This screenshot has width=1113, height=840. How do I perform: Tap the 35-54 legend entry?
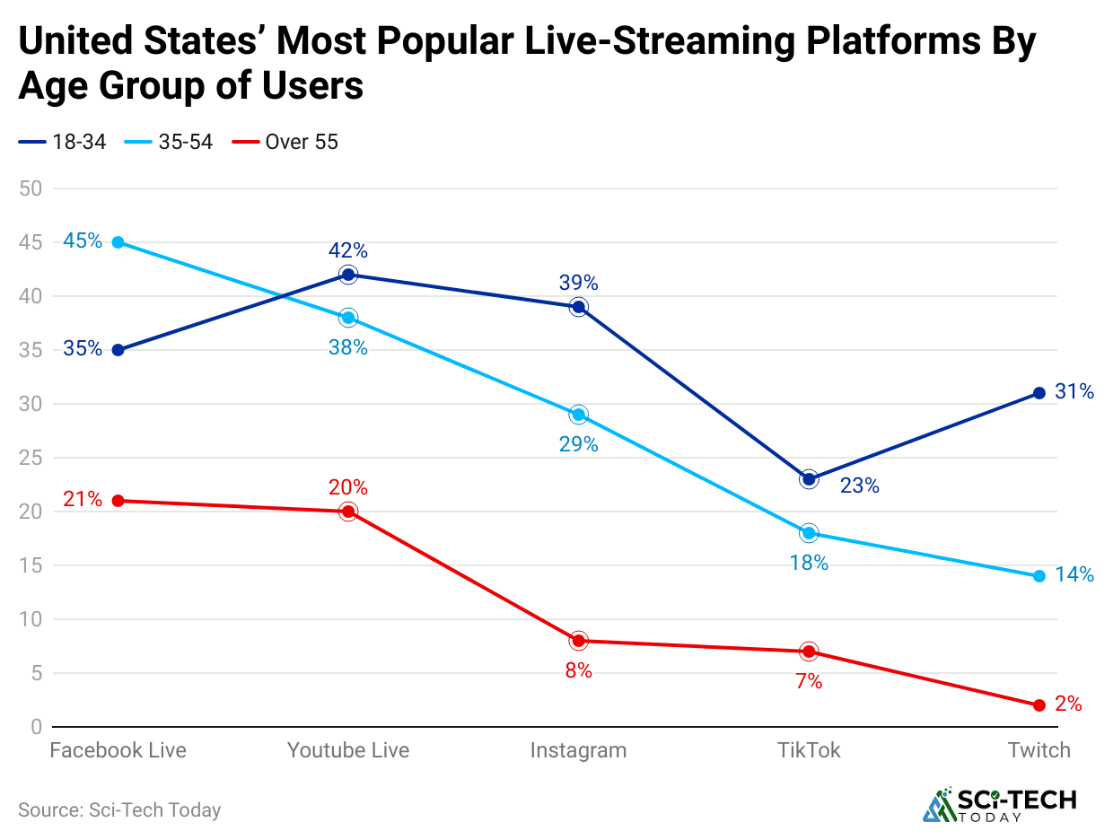coord(171,142)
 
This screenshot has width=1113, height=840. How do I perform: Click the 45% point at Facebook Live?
coord(118,242)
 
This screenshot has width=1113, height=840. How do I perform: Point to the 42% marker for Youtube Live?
coord(348,275)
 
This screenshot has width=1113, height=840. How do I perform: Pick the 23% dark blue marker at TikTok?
coord(809,479)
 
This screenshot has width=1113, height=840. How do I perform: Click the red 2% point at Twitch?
coord(1039,705)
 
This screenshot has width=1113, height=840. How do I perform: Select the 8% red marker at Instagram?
coord(579,641)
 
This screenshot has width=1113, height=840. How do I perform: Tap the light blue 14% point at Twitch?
coord(1039,576)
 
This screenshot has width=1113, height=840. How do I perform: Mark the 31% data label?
coord(1074,392)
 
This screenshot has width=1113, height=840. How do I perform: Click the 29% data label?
coord(578,444)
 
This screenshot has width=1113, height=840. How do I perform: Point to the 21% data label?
coord(83,500)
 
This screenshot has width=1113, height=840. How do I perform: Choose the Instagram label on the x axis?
coord(578,750)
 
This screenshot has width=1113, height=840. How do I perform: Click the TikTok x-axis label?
coord(809,750)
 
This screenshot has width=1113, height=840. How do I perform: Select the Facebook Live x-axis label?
coord(118,750)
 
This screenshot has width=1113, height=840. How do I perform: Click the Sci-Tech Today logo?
coord(999,804)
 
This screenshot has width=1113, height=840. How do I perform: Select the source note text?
coord(119,809)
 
